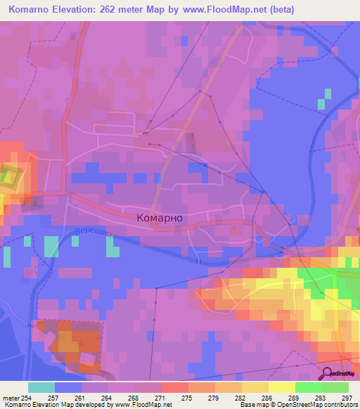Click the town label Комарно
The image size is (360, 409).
click(158, 218)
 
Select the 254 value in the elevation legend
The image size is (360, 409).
click(27, 397)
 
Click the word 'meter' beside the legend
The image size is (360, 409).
click(11, 397)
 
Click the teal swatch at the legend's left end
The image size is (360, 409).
click(41, 387)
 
